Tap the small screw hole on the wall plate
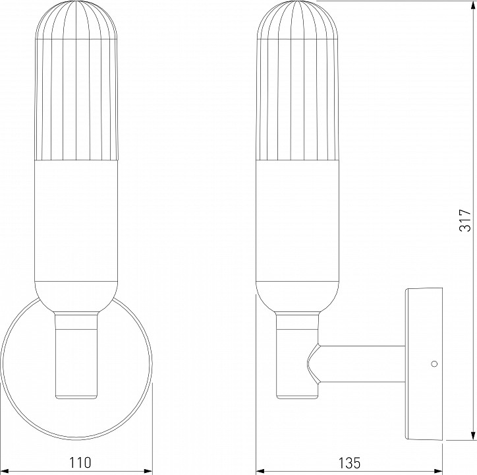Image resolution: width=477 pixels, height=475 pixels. tap(433, 364)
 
